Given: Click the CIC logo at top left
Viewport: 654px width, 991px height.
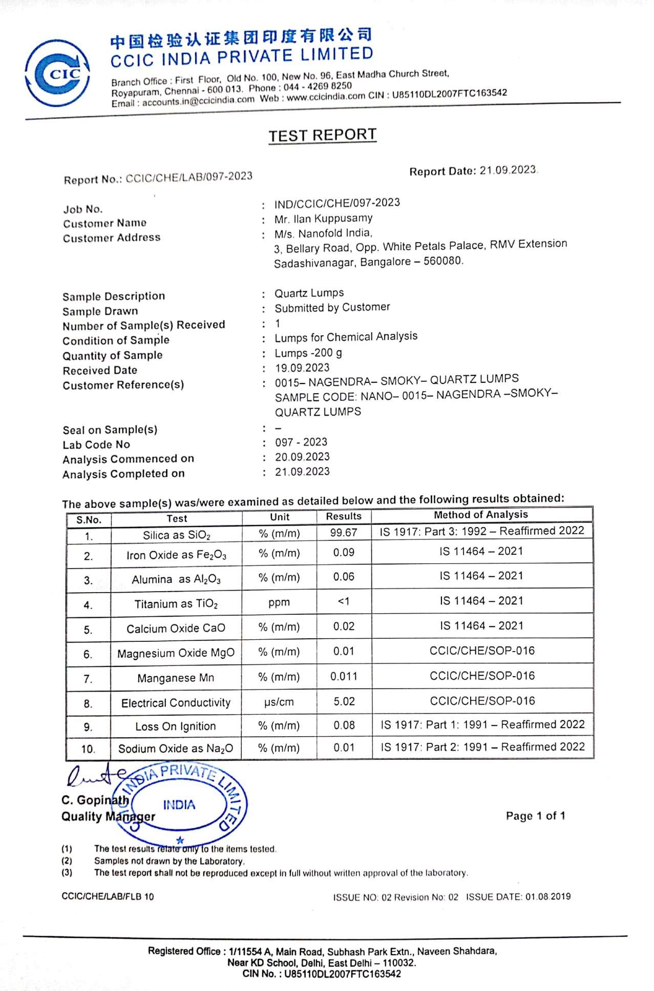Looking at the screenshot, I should [x=57, y=73].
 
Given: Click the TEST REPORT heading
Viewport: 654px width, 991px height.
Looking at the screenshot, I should [x=323, y=135].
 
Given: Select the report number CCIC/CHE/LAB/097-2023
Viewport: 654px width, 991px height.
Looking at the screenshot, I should [x=189, y=177].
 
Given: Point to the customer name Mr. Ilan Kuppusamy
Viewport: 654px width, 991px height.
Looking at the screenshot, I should [x=324, y=219].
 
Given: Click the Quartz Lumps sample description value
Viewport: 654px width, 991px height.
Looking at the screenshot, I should [x=309, y=293].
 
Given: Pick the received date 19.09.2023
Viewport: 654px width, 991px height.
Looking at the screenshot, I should [x=302, y=368].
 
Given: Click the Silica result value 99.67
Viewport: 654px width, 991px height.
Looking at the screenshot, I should [x=344, y=533].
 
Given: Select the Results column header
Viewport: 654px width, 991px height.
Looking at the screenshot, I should [x=344, y=516].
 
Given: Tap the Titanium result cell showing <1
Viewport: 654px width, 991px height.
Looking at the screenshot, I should [x=344, y=601].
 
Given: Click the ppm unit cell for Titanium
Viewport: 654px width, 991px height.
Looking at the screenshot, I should [x=279, y=602].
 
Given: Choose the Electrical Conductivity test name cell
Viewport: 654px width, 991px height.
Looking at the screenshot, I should [x=176, y=703].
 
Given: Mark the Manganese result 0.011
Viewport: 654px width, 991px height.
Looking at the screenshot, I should [x=344, y=677].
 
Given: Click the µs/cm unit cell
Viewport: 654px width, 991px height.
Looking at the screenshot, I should [x=279, y=702].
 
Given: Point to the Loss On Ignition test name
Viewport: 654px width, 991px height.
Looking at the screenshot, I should [x=176, y=726].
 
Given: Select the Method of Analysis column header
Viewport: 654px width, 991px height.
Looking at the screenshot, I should [x=481, y=515].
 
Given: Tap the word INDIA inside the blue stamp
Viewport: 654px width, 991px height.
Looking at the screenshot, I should [x=179, y=805].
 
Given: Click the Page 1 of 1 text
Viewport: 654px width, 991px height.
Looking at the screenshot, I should [x=535, y=816].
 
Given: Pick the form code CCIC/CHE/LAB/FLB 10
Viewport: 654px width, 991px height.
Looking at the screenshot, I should [x=108, y=896].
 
